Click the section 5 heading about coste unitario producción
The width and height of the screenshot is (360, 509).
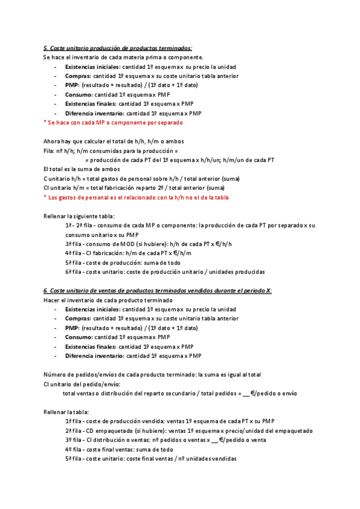(118, 48)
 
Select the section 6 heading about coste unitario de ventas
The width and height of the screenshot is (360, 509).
(157, 291)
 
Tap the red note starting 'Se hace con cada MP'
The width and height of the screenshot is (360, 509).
(113, 122)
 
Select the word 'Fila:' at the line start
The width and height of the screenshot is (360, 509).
(50, 150)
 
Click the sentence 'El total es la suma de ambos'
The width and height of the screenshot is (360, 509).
(82, 169)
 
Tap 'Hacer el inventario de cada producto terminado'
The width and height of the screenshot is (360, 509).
(108, 300)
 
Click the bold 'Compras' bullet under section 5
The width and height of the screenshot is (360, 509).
(78, 76)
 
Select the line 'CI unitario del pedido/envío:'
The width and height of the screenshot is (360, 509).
(83, 384)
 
